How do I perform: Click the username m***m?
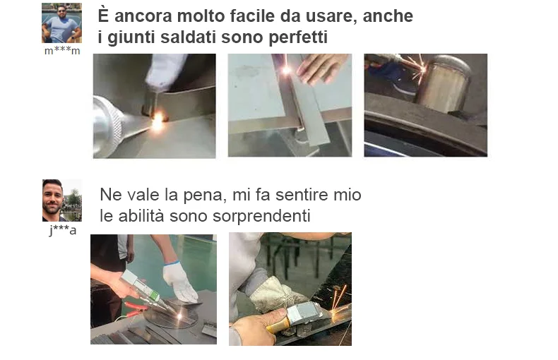(x=62, y=51)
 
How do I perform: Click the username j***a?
(x=63, y=230)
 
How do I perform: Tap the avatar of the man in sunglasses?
(x=61, y=23)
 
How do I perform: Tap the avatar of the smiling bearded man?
(x=62, y=200)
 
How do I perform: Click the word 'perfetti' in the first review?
(x=298, y=37)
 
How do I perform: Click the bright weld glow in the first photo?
(x=158, y=121)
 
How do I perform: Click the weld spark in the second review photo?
(x=286, y=70)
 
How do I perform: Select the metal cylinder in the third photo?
(x=443, y=84)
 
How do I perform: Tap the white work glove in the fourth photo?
(x=180, y=282)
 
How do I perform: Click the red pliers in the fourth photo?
(x=134, y=309)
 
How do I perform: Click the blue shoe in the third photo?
(x=401, y=85)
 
